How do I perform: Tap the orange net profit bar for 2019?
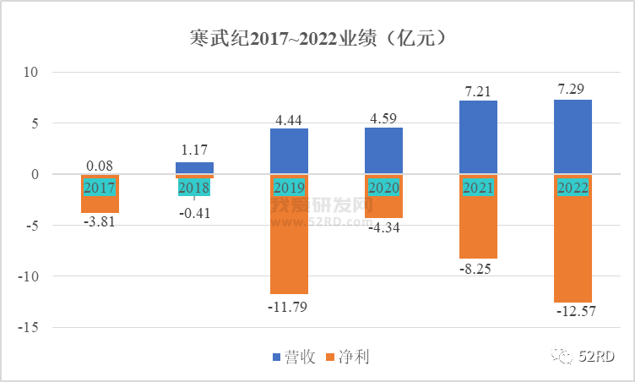coord(289,245)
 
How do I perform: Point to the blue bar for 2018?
coord(194,167)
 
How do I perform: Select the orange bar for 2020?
coord(383,207)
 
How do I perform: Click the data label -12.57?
coord(573,312)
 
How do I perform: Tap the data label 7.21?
coord(478,89)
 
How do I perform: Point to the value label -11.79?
coord(289,306)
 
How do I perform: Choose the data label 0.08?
coord(100,166)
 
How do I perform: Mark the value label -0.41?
coord(194,213)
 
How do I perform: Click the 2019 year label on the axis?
coord(289,187)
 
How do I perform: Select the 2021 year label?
coord(478,187)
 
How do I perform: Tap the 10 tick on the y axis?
coord(30,73)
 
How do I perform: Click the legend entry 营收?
coord(300,357)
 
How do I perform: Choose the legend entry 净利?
coord(354,357)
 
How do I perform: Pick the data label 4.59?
coord(383,117)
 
